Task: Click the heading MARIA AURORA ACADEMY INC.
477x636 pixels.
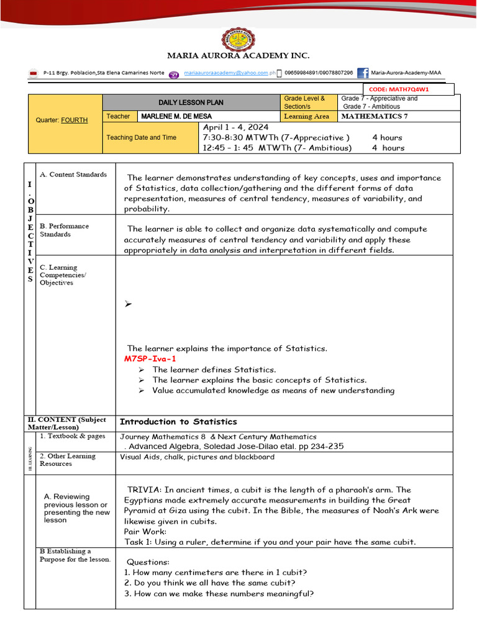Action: (x=238, y=56)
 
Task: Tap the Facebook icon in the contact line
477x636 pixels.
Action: (x=363, y=73)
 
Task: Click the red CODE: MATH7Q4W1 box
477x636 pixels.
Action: (x=409, y=89)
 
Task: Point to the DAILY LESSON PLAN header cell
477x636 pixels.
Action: (x=191, y=102)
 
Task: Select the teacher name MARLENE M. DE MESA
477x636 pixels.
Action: (x=176, y=116)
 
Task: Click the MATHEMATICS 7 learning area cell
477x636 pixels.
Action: (x=375, y=116)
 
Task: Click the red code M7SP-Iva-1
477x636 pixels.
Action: (x=150, y=359)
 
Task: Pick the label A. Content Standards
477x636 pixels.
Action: (x=73, y=175)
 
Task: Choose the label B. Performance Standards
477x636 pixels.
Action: (x=65, y=230)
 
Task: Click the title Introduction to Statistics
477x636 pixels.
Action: (x=178, y=422)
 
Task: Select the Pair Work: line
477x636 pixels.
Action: (x=145, y=532)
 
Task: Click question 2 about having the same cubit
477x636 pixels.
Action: (x=209, y=583)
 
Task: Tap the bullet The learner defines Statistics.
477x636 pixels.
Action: (x=214, y=370)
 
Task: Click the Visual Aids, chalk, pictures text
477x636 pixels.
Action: (x=197, y=457)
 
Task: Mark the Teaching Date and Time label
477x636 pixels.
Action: (x=141, y=137)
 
